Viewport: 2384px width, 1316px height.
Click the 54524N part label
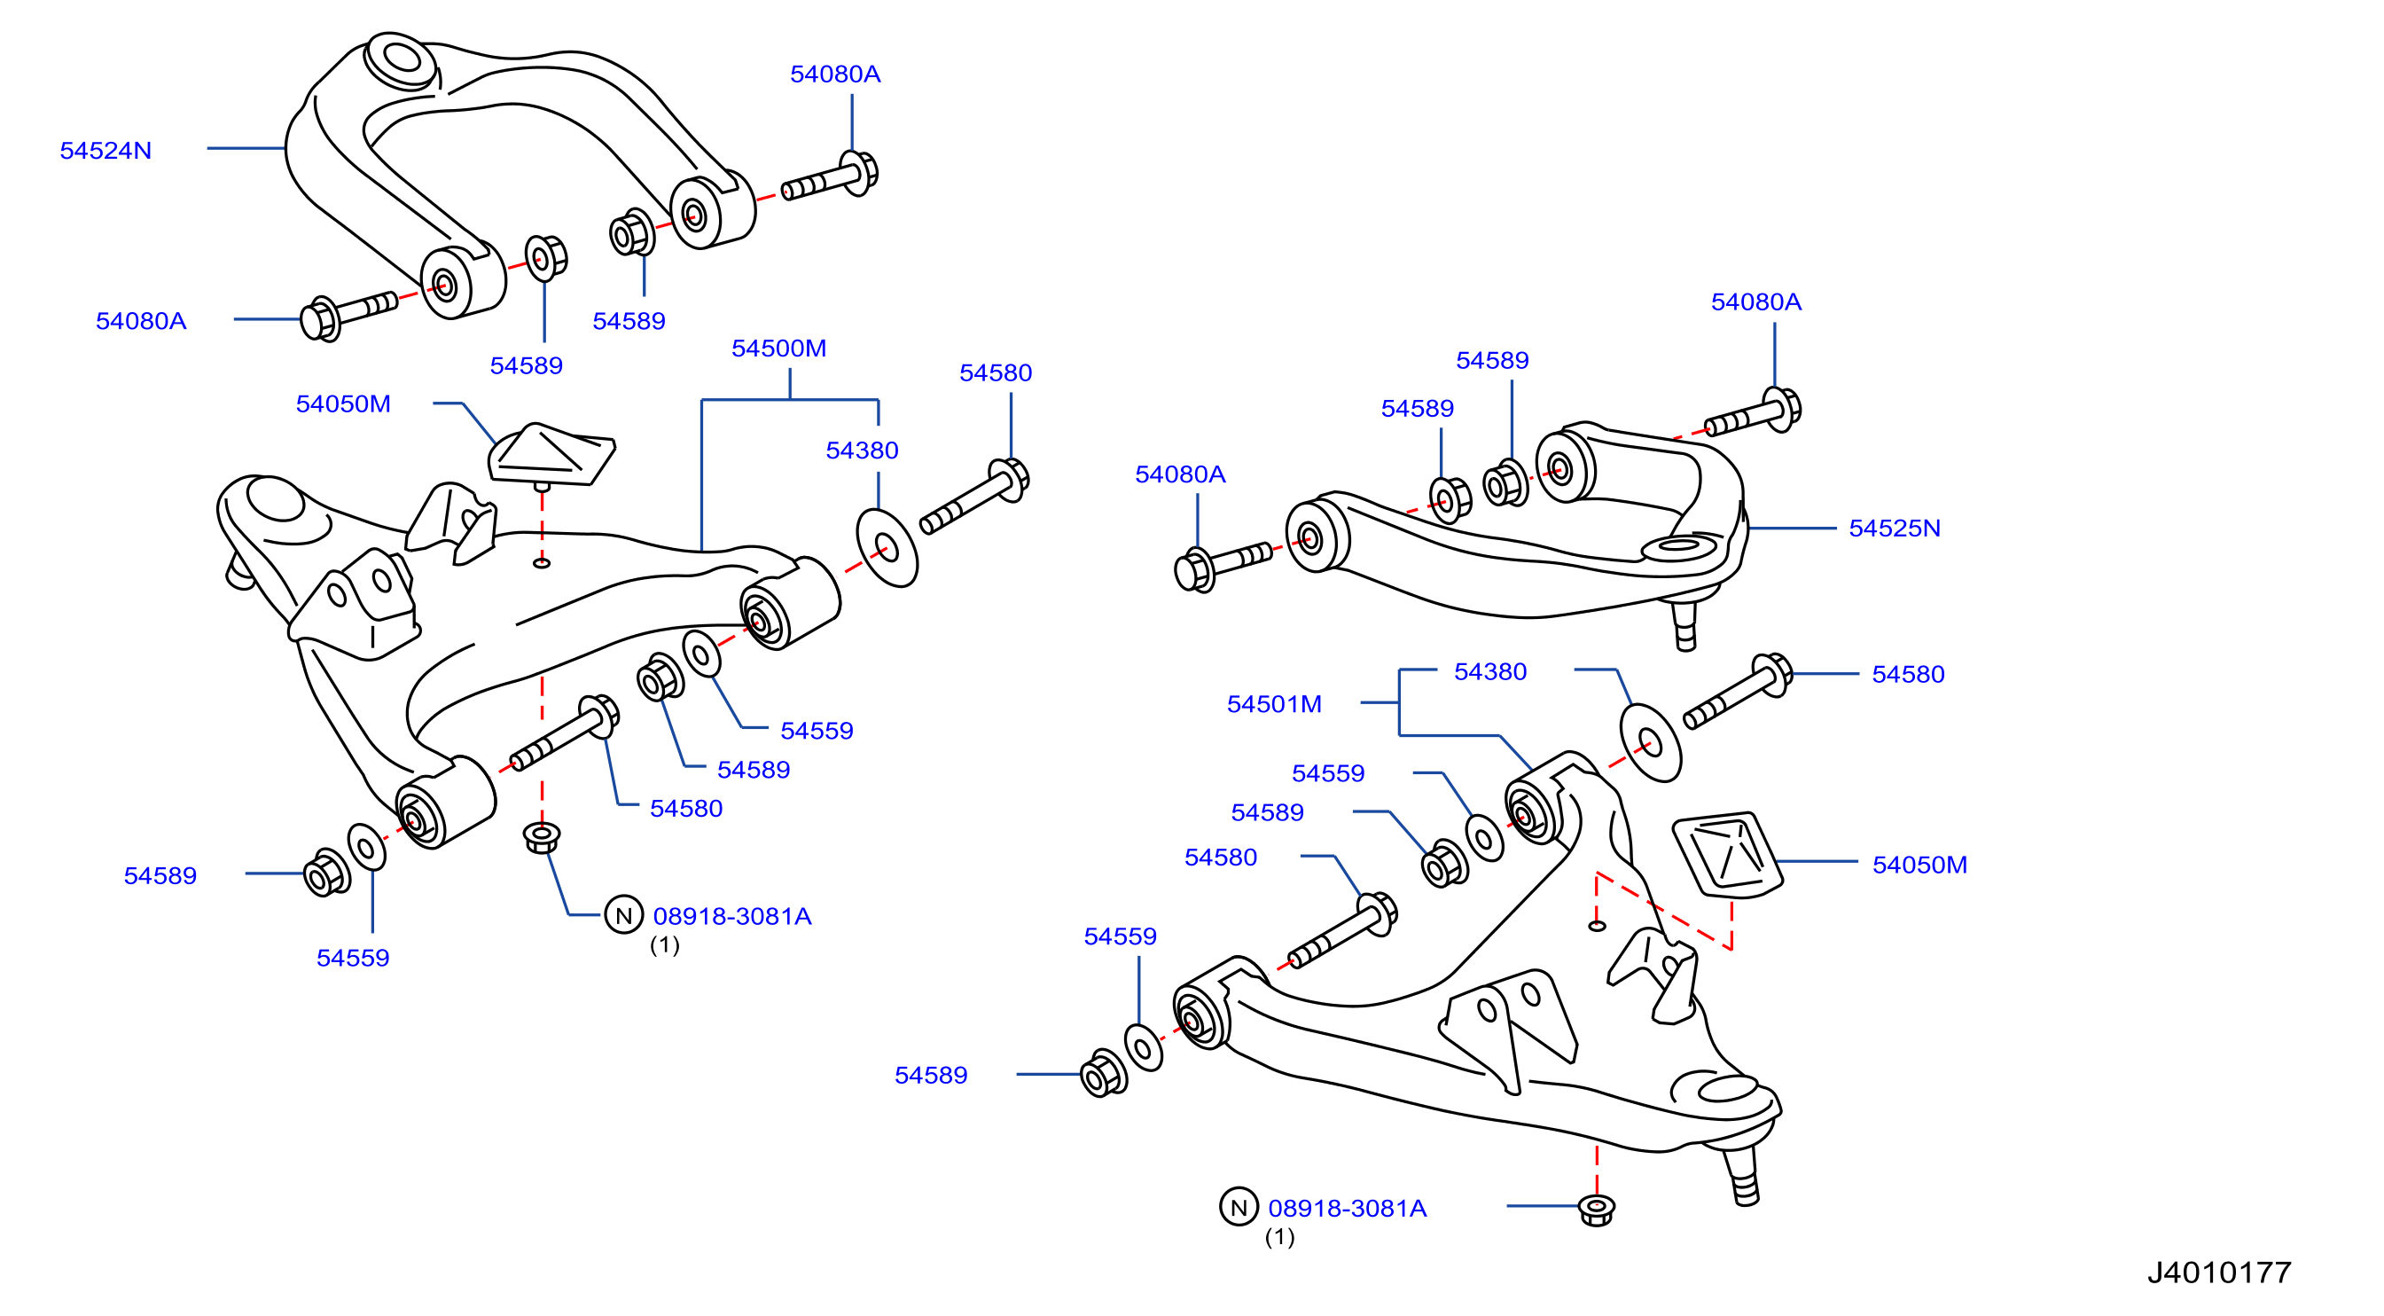(x=106, y=150)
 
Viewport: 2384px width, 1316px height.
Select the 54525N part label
(x=1894, y=528)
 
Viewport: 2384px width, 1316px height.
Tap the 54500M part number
(x=778, y=348)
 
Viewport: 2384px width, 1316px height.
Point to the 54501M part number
(x=1273, y=703)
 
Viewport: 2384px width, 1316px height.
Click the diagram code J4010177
(x=2218, y=1272)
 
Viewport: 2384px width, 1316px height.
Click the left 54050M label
(x=343, y=403)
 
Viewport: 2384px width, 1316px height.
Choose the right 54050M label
(x=1919, y=864)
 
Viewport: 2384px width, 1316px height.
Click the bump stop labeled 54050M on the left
(x=551, y=455)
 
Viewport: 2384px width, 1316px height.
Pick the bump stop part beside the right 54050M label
(x=1727, y=855)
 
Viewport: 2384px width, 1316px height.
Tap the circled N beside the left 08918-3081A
(x=624, y=914)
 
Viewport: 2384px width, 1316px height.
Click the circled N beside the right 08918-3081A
(x=1239, y=1206)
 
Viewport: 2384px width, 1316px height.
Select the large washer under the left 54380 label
(x=887, y=548)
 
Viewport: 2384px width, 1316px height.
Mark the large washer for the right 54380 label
(x=1650, y=742)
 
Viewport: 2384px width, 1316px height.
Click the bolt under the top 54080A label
(x=830, y=177)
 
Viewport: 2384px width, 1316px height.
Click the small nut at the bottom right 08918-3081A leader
(x=1596, y=1210)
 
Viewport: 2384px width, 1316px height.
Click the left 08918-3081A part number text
(x=732, y=915)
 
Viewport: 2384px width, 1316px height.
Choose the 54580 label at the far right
(x=1907, y=674)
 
